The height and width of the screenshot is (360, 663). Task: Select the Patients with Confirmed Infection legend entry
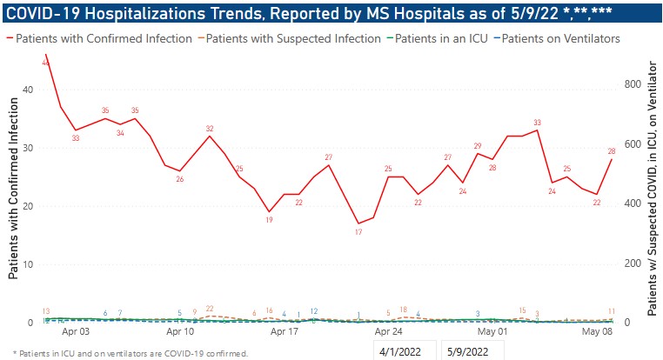pyautogui.click(x=104, y=38)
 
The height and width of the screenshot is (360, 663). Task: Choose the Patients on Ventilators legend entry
pyautogui.click(x=559, y=38)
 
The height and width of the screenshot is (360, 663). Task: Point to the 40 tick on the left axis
pyautogui.click(x=28, y=90)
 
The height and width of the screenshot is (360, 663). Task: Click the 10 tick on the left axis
pyautogui.click(x=28, y=264)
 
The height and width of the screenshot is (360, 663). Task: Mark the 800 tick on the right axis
pyautogui.click(x=637, y=84)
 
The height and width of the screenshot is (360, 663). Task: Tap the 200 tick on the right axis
pyautogui.click(x=637, y=263)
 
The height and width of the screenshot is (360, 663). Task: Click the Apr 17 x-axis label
pyautogui.click(x=285, y=332)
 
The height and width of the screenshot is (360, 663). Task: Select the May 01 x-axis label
pyautogui.click(x=492, y=332)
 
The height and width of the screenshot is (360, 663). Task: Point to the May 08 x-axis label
pyautogui.click(x=597, y=332)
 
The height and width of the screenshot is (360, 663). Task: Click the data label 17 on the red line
pyautogui.click(x=358, y=233)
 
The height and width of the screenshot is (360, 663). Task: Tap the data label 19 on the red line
pyautogui.click(x=269, y=220)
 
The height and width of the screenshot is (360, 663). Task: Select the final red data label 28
pyautogui.click(x=612, y=151)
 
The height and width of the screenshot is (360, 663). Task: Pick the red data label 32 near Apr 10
pyautogui.click(x=210, y=129)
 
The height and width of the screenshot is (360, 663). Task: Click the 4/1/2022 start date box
pyautogui.click(x=405, y=351)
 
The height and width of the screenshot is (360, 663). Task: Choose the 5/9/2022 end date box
pyautogui.click(x=471, y=351)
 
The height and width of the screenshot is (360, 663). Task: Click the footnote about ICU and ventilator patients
pyautogui.click(x=131, y=353)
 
